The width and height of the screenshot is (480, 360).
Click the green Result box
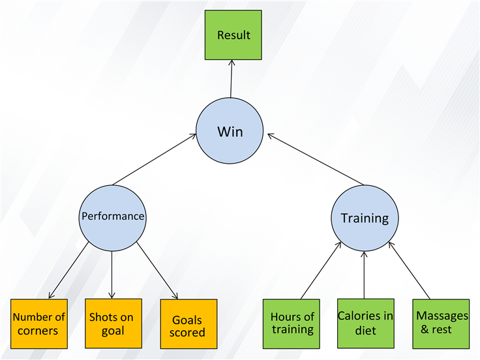click(x=233, y=35)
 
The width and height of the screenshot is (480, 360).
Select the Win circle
click(x=230, y=130)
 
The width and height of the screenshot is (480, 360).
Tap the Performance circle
click(x=113, y=218)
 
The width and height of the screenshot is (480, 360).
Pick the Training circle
click(x=365, y=218)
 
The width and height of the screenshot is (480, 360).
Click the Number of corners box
click(x=39, y=324)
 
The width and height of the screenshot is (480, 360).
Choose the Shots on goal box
click(x=113, y=323)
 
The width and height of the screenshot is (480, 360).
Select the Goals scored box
click(x=189, y=324)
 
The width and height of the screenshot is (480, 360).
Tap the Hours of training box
click(x=292, y=324)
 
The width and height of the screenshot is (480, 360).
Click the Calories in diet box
click(x=366, y=323)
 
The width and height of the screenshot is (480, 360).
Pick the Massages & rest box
click(x=441, y=324)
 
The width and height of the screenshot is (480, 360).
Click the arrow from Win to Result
click(x=231, y=79)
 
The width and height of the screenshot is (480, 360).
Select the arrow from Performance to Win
click(x=155, y=159)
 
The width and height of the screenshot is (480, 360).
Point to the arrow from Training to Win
click(x=316, y=159)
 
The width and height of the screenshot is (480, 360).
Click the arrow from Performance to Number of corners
click(x=69, y=270)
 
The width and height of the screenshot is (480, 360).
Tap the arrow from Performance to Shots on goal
click(x=112, y=275)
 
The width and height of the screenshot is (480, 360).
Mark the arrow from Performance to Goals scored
click(x=157, y=271)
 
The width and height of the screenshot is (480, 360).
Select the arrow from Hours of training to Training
click(x=321, y=270)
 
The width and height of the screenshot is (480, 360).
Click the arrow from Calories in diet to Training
click(x=364, y=275)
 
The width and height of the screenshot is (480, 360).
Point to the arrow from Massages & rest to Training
click(x=410, y=270)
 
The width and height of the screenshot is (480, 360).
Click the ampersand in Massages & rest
click(x=425, y=329)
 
